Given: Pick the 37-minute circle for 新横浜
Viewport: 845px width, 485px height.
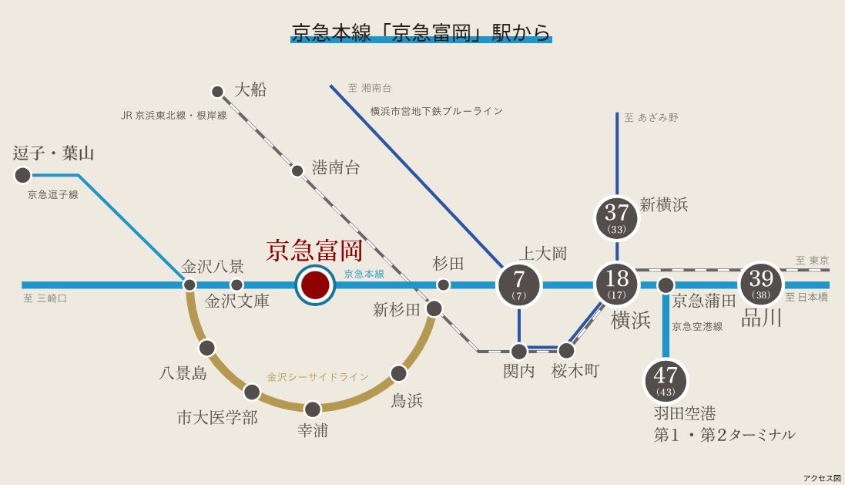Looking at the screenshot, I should point(617,218).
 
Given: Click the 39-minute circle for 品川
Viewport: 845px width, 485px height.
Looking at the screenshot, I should point(761,285).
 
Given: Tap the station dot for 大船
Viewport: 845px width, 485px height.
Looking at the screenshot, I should point(217,91).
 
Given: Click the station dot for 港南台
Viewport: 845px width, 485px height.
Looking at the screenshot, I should point(297,170).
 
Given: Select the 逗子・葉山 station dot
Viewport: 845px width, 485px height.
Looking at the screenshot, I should point(23,176).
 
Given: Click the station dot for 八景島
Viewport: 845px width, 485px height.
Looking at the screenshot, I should point(206,348).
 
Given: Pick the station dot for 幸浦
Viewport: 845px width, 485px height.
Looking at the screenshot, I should point(312,409).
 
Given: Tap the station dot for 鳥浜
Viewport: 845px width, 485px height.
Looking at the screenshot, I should point(398,374).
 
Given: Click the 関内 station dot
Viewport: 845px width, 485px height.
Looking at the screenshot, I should point(519,352).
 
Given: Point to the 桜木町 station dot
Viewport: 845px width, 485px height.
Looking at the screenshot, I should point(567,352).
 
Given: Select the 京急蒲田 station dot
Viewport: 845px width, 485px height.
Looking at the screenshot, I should point(666,285).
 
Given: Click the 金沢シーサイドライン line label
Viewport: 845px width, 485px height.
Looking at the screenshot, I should point(317,377).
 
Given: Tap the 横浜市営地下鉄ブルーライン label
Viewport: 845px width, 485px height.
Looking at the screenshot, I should point(436,111).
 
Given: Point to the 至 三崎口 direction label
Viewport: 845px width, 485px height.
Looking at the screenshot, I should point(45,298).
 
